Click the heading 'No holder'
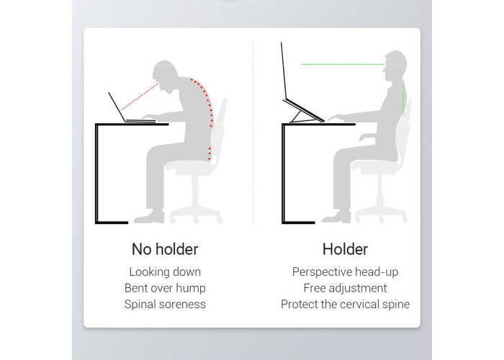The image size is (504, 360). click(x=165, y=249)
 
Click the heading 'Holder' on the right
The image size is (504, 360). click(x=345, y=249)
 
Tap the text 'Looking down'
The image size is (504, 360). click(x=165, y=272)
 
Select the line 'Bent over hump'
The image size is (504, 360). click(x=165, y=288)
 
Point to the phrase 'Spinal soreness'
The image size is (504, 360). click(x=165, y=304)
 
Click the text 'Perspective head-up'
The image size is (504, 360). click(x=345, y=272)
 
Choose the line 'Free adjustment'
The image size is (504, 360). click(x=345, y=288)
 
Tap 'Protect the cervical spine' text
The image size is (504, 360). click(x=345, y=304)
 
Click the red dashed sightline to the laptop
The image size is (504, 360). click(x=140, y=96)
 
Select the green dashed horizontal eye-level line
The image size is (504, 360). click(x=343, y=64)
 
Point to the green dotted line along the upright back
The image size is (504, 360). click(x=404, y=100)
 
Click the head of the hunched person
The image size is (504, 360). click(x=165, y=74)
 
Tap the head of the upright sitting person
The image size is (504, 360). click(x=395, y=66)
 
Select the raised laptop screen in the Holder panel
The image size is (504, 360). click(x=284, y=71)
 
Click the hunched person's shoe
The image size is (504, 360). click(x=149, y=217)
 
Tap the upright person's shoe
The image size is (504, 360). click(x=336, y=217)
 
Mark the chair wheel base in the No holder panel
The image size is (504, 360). click(x=196, y=215)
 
